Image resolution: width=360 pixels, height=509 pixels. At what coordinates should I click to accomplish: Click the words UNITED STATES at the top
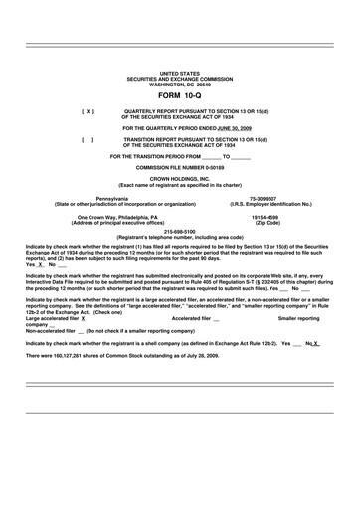coord(179,74)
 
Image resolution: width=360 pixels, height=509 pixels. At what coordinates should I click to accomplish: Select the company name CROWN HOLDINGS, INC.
coord(179,180)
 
